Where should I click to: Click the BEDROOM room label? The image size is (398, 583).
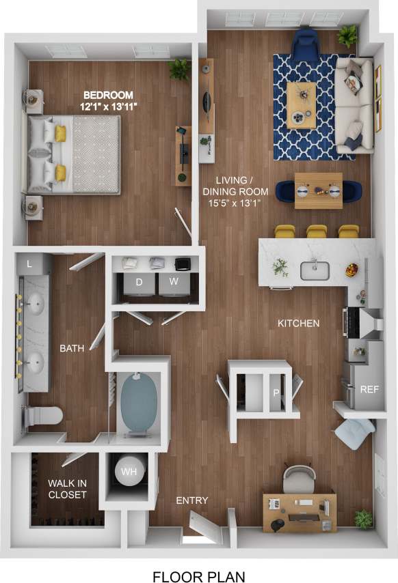(108, 95)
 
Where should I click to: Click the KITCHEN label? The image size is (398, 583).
(298, 323)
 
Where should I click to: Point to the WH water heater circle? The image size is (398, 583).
(129, 471)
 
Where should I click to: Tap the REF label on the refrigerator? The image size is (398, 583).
(369, 390)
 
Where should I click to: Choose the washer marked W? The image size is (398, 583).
(173, 281)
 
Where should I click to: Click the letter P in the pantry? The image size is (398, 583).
(276, 393)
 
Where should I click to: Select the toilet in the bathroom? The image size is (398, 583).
(42, 414)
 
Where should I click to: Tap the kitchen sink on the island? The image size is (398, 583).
(315, 270)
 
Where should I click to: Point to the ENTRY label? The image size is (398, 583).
(191, 500)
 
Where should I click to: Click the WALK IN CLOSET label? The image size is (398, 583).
(67, 489)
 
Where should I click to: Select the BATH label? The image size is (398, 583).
(72, 348)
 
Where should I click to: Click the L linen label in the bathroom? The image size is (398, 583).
(29, 263)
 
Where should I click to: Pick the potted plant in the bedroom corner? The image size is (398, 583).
(181, 68)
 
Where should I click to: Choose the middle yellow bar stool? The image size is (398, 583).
(317, 231)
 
